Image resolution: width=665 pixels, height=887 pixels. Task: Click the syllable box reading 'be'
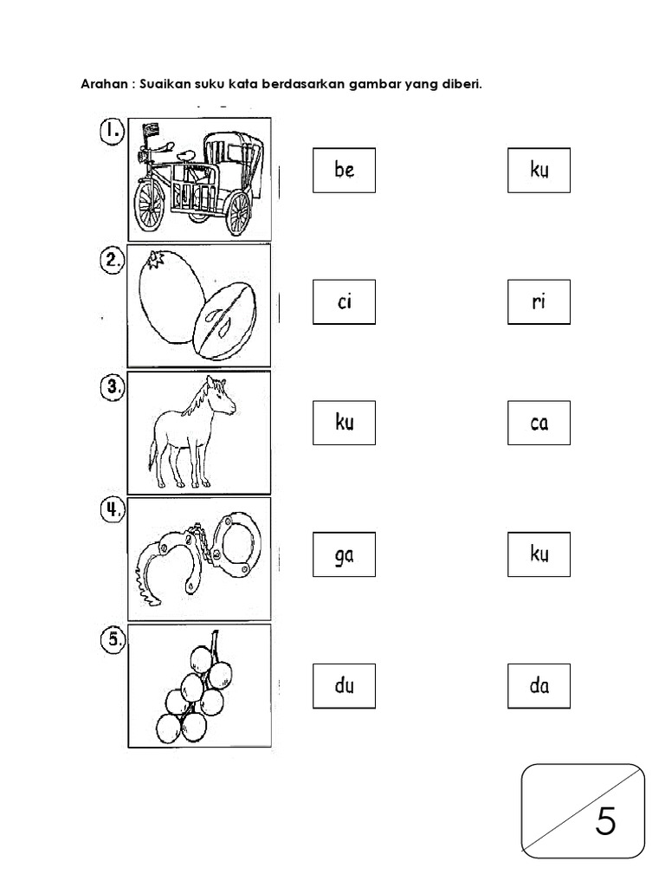pyautogui.click(x=344, y=171)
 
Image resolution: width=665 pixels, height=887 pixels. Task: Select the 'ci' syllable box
pyautogui.click(x=344, y=302)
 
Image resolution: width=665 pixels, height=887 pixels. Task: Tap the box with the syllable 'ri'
pyautogui.click(x=539, y=302)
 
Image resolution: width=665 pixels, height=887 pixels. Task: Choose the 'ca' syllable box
pyautogui.click(x=539, y=423)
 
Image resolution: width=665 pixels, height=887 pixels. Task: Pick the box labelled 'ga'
pyautogui.click(x=344, y=554)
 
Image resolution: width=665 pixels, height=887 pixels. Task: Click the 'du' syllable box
pyautogui.click(x=344, y=686)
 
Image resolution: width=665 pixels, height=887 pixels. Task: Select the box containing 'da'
pyautogui.click(x=539, y=686)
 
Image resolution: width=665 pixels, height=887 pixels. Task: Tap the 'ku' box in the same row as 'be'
pyautogui.click(x=539, y=171)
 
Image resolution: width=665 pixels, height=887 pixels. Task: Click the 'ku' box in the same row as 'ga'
pyautogui.click(x=539, y=554)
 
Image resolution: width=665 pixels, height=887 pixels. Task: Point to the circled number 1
pyautogui.click(x=112, y=132)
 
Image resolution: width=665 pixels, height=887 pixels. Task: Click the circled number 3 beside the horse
pyautogui.click(x=112, y=388)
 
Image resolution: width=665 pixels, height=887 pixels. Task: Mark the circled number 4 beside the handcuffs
pyautogui.click(x=112, y=510)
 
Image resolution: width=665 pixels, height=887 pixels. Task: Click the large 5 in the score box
pyautogui.click(x=605, y=821)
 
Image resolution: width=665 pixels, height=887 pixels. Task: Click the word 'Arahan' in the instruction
pyautogui.click(x=104, y=84)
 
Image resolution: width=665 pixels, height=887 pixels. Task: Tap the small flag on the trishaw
pyautogui.click(x=151, y=130)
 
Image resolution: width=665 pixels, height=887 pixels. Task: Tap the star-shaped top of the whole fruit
pyautogui.click(x=155, y=260)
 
